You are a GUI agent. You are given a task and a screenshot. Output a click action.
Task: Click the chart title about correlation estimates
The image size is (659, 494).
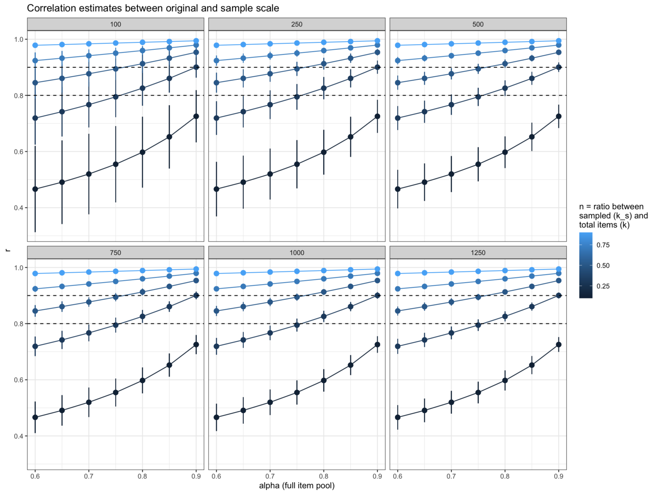(x=153, y=8)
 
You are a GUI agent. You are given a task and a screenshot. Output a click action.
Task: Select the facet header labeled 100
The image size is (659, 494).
(x=115, y=24)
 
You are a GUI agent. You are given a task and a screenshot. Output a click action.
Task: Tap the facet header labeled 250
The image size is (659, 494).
(x=296, y=24)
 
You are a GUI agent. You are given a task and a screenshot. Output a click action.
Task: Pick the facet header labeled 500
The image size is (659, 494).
(x=478, y=24)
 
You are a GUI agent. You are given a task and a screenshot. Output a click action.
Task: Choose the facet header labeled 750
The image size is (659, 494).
(x=115, y=253)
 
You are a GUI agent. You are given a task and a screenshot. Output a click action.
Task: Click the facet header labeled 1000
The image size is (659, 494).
(x=296, y=253)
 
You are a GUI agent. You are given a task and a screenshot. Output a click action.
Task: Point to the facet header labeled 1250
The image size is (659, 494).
(x=478, y=253)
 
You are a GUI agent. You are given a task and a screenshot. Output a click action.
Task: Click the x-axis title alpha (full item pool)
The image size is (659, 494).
(x=296, y=485)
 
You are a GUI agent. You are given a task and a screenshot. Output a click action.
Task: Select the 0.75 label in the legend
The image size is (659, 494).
(x=603, y=245)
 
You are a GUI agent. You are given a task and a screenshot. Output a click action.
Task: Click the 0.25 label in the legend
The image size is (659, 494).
(x=603, y=286)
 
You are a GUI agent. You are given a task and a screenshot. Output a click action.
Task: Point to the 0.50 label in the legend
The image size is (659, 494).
(x=603, y=265)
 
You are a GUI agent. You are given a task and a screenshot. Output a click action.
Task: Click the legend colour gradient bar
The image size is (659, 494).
(x=586, y=265)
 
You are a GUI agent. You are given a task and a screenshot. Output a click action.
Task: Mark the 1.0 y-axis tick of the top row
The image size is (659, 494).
(x=18, y=39)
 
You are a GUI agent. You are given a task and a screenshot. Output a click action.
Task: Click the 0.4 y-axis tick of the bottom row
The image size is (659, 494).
(x=18, y=436)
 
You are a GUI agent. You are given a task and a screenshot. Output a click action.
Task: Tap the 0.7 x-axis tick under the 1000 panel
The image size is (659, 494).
(x=270, y=476)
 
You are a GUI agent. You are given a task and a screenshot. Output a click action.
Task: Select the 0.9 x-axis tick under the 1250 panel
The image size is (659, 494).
(x=559, y=476)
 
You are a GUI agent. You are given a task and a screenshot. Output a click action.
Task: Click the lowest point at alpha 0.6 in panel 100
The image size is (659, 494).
(x=35, y=189)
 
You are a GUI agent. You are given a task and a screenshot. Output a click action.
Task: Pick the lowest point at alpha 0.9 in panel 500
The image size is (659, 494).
(x=559, y=116)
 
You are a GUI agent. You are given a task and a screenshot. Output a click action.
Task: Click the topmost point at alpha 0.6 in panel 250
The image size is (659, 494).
(x=216, y=45)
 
